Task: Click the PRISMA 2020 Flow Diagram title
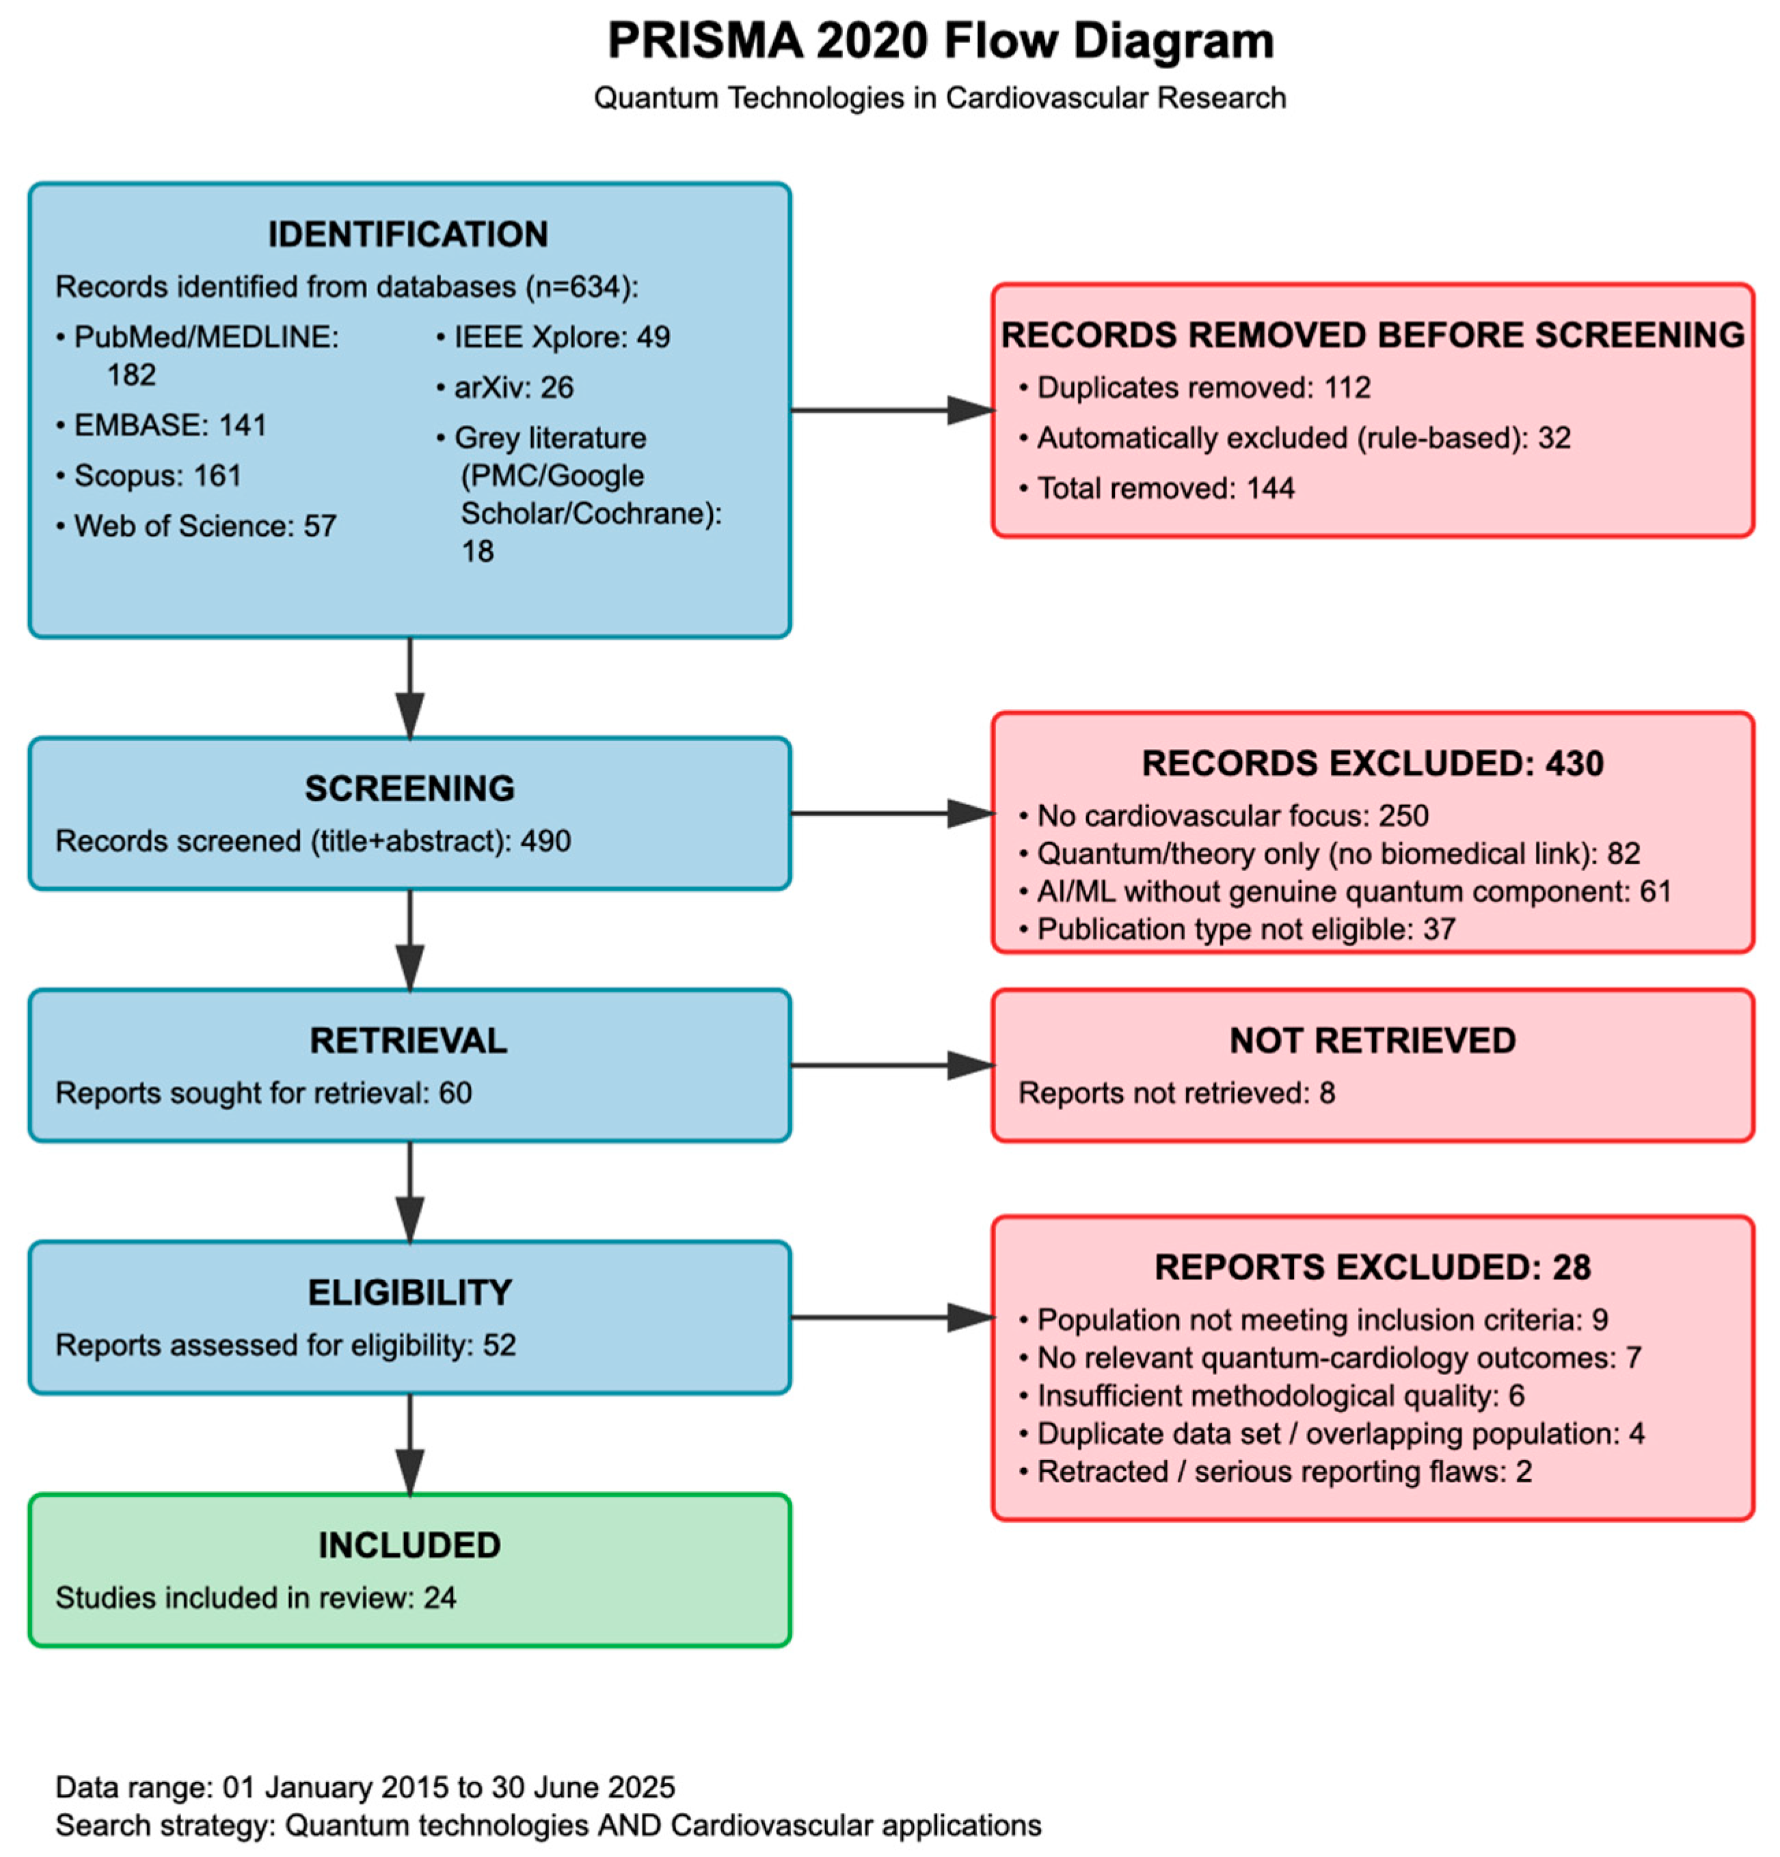tap(939, 42)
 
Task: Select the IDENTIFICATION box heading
tap(407, 234)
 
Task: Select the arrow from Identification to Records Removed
tap(891, 410)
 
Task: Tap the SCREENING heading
tap(409, 787)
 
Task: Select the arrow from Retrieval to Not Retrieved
tap(891, 1065)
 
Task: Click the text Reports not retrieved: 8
tap(1175, 1092)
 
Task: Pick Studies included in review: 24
tap(256, 1597)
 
